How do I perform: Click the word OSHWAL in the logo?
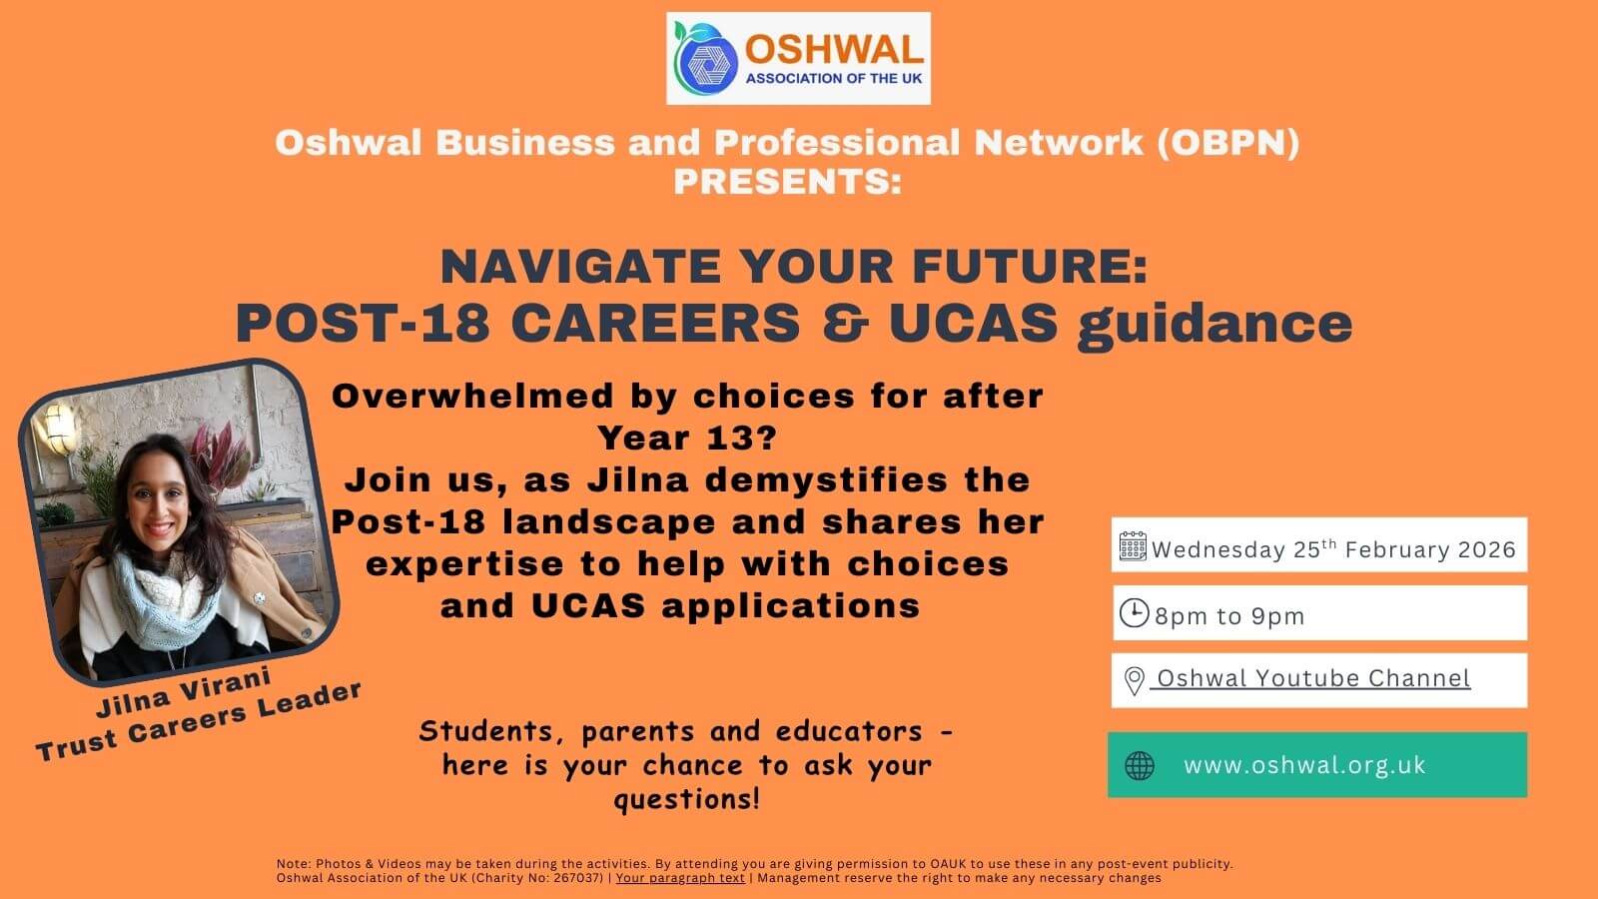point(834,51)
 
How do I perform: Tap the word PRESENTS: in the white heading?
point(788,181)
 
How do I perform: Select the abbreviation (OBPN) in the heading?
point(1227,143)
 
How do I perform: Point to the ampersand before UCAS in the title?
point(845,323)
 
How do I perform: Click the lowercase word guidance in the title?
point(1214,326)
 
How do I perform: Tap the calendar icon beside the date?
point(1133,546)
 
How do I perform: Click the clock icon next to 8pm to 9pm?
point(1134,613)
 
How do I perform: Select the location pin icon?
point(1135,680)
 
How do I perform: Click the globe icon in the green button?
point(1140,765)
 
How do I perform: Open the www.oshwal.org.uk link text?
point(1304,765)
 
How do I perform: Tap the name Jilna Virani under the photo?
point(184,691)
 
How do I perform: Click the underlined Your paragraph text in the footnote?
point(680,878)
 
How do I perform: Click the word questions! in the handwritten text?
point(687,799)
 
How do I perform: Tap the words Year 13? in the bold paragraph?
point(687,439)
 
